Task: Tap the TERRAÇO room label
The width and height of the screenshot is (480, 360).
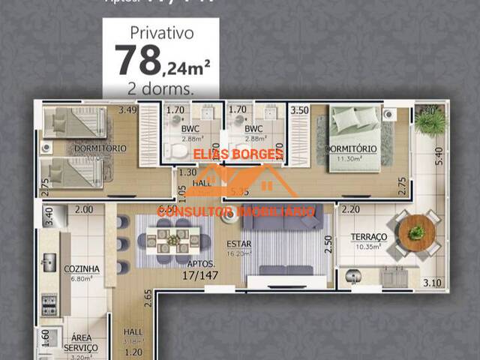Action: point(368,237)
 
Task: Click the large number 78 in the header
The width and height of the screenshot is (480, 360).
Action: point(137,61)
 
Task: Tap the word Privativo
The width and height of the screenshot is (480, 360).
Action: point(162,32)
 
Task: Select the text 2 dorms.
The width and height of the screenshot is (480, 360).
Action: point(162,88)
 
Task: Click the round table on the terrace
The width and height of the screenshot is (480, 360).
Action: point(416,232)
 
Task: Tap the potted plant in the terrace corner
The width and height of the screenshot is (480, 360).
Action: point(430,121)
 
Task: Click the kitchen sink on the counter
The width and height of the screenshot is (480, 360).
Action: point(49,262)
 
